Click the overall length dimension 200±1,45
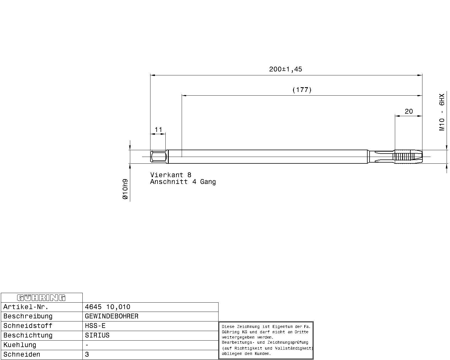click(285, 69)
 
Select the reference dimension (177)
click(302, 90)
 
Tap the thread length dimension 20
click(409, 111)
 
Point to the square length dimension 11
click(158, 130)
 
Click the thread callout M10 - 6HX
click(442, 112)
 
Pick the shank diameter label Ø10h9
click(125, 189)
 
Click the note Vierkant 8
click(171, 175)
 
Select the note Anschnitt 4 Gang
click(183, 182)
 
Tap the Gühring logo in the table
click(41, 298)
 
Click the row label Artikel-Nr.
click(26, 307)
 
